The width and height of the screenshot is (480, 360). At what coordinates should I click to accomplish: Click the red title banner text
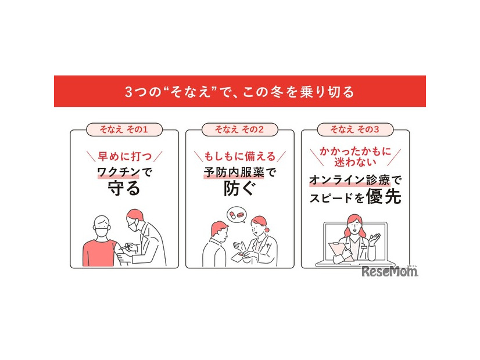[x=239, y=92]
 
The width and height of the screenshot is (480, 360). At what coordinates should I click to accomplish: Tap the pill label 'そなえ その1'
[x=124, y=129]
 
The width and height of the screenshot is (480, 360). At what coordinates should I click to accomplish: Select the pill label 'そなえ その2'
[x=239, y=129]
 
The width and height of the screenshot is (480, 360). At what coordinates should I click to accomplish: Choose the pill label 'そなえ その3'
[x=355, y=129]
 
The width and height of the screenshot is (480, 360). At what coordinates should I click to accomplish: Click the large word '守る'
[x=124, y=188]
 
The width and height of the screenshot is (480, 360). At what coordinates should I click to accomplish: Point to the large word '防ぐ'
[x=239, y=188]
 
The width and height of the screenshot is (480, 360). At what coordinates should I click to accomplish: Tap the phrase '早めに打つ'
[x=124, y=156]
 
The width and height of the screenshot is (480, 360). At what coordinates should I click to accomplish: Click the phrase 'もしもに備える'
[x=239, y=156]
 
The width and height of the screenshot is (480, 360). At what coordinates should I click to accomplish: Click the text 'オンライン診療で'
[x=355, y=181]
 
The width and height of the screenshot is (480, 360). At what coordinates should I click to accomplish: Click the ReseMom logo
[x=389, y=271]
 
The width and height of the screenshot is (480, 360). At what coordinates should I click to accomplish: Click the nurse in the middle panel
[x=262, y=241]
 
